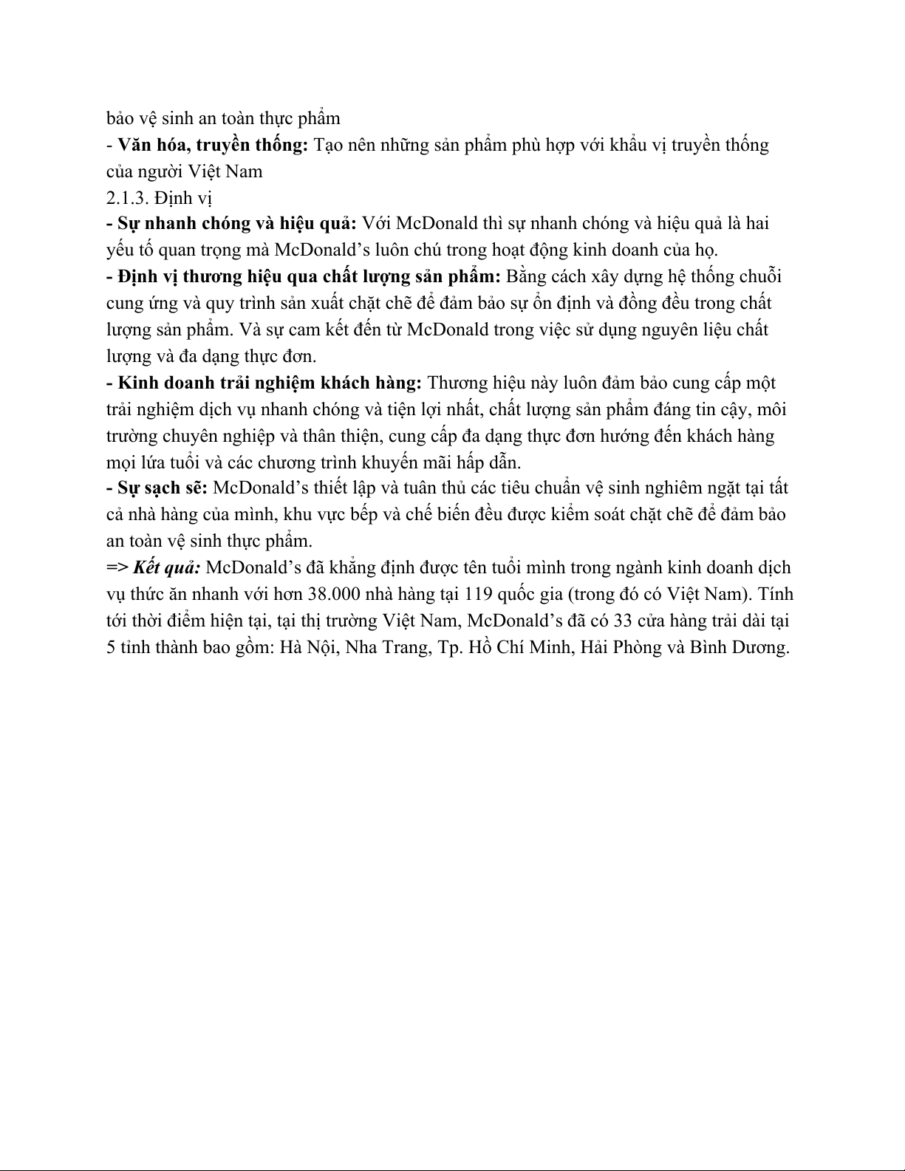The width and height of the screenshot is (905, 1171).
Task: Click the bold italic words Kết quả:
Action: pyautogui.click(x=168, y=568)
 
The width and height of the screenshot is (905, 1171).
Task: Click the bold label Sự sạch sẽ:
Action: pyautogui.click(x=163, y=488)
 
